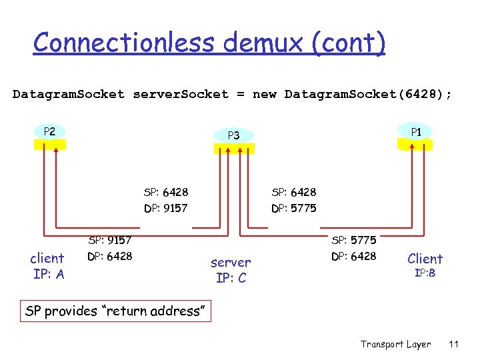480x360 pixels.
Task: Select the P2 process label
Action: [49, 131]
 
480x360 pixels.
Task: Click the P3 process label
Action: [233, 135]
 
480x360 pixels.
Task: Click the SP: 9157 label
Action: [110, 240]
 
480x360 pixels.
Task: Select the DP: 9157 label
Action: [166, 209]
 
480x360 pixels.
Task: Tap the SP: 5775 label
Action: [354, 240]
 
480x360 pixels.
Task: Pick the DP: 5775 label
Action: [294, 209]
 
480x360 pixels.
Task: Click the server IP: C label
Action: [231, 270]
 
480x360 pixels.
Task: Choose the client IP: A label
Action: [47, 266]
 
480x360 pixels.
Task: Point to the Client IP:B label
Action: [425, 265]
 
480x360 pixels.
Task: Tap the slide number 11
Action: [454, 344]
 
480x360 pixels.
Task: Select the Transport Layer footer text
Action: [395, 344]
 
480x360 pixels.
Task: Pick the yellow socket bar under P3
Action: [234, 149]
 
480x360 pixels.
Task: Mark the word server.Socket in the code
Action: [181, 94]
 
